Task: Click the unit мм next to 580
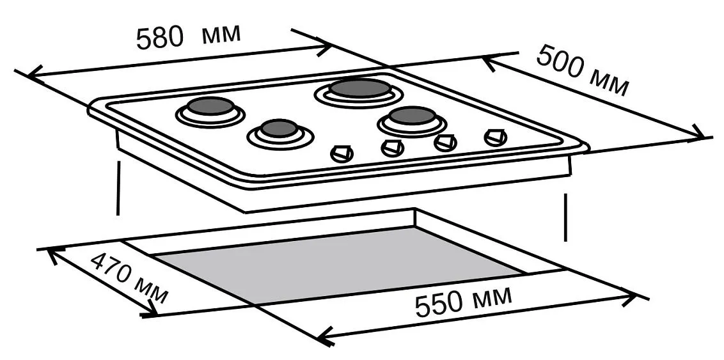pyautogui.click(x=221, y=34)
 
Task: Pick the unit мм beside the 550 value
pyautogui.click(x=492, y=296)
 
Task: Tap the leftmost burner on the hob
pyautogui.click(x=210, y=111)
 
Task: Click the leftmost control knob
pyautogui.click(x=342, y=153)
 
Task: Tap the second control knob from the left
pyautogui.click(x=393, y=148)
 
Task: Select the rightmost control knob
pyautogui.click(x=496, y=137)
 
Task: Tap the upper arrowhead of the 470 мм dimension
pyautogui.click(x=52, y=254)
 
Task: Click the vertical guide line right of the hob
pyautogui.click(x=566, y=217)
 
